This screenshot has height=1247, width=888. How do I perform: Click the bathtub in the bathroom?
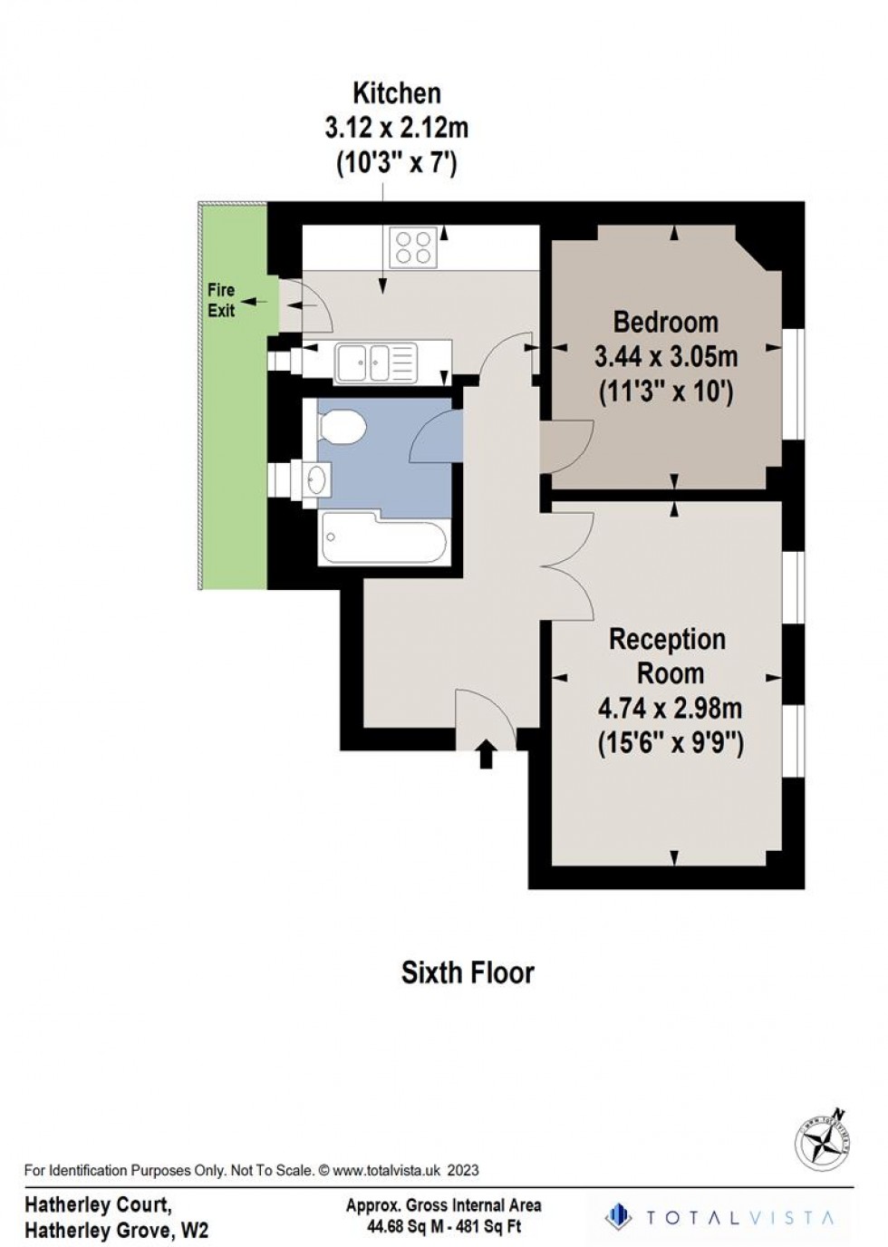coord(383,541)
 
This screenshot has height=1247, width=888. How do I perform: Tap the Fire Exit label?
coord(221,300)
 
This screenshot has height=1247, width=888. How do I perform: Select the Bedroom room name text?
coord(665,322)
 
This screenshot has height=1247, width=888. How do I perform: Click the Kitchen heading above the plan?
coord(396,92)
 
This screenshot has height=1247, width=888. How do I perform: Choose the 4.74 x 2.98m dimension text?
coord(670,708)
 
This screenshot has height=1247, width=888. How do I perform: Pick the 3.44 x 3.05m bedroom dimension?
coord(665,356)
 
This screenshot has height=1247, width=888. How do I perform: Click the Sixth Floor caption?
coord(468,972)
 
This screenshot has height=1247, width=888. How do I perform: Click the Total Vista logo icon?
coord(618,1216)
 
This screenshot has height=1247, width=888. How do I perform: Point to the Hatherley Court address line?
coord(98,1205)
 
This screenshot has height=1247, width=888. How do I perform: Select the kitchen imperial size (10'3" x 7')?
coord(396,164)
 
